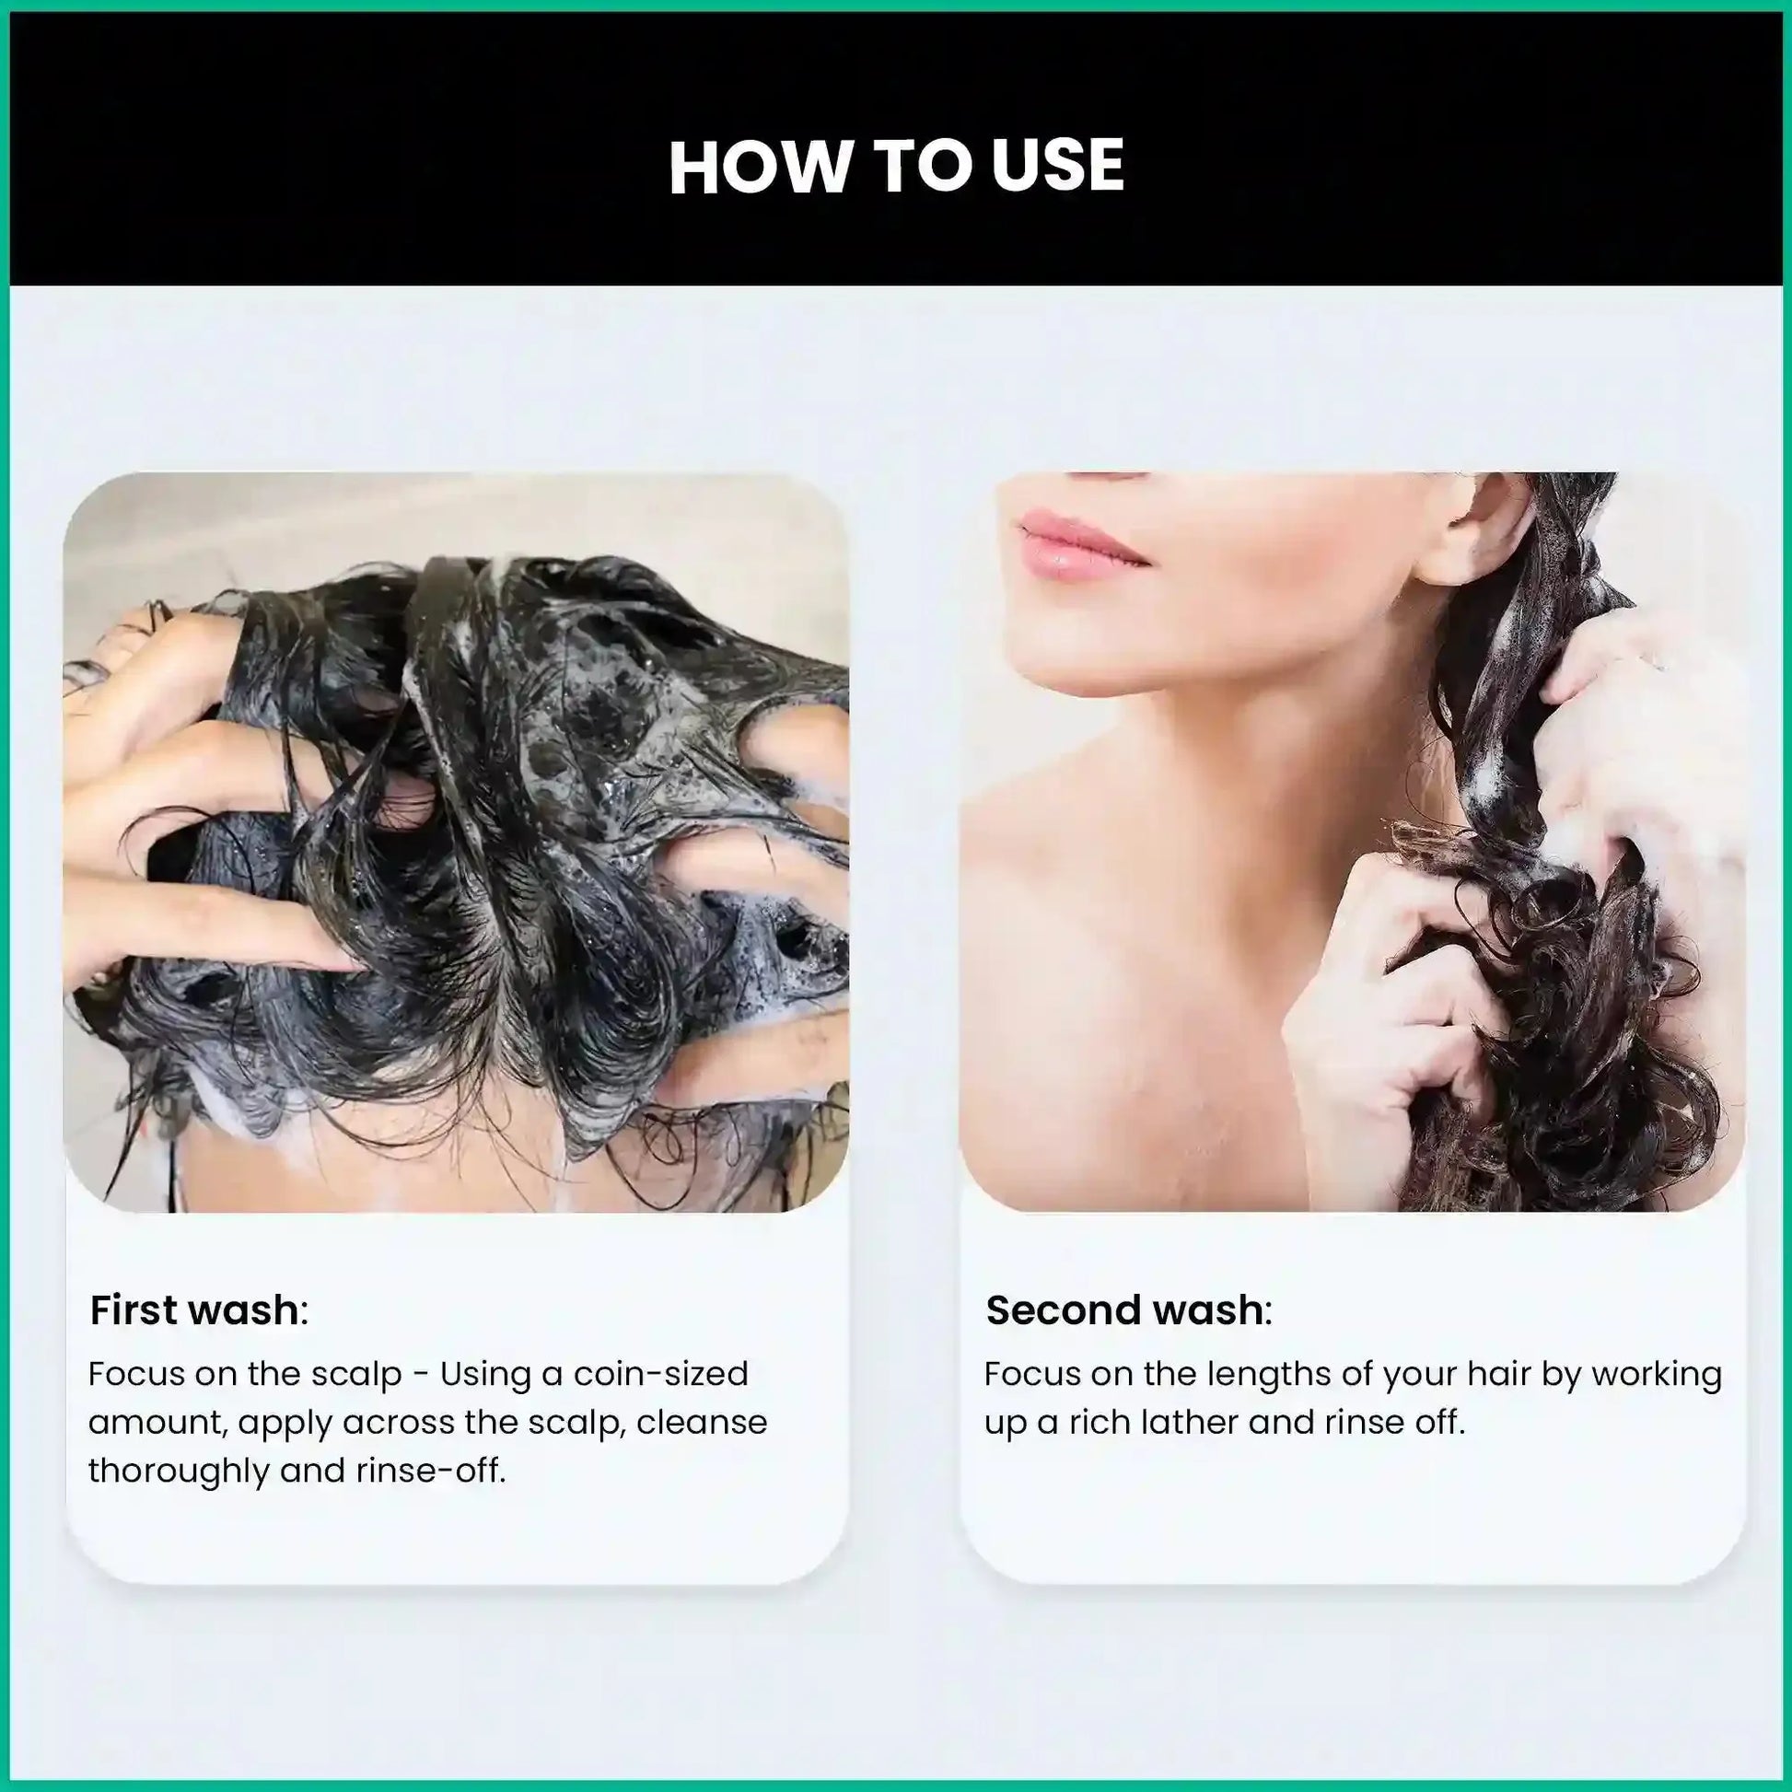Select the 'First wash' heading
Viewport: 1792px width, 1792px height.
tap(199, 1310)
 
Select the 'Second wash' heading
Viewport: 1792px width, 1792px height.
tap(1129, 1310)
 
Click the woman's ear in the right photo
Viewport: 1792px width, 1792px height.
tap(1473, 524)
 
